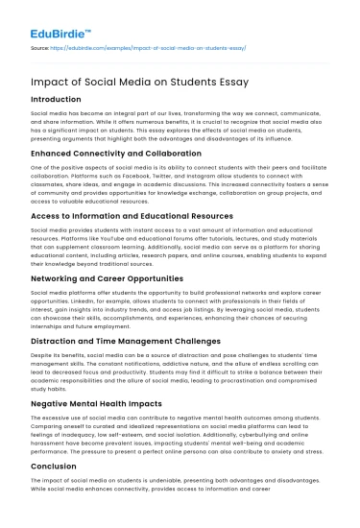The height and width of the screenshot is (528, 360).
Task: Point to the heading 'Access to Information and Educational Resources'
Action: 132,216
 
